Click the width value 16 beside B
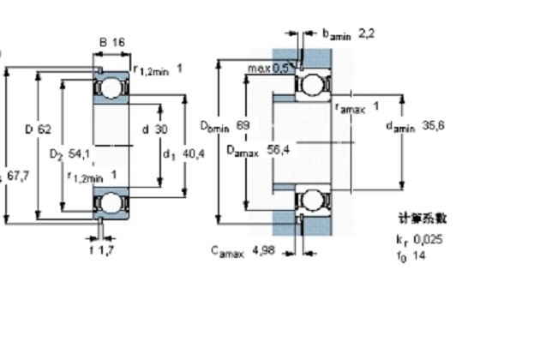tap(119, 41)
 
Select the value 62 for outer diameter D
tap(45, 129)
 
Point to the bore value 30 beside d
tap(161, 129)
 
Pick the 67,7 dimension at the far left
tap(18, 176)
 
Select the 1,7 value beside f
tap(107, 251)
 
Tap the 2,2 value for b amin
tap(366, 33)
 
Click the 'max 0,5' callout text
tap(268, 68)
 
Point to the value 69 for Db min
tap(243, 125)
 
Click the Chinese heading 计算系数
tap(423, 219)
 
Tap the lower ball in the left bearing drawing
tap(111, 202)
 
